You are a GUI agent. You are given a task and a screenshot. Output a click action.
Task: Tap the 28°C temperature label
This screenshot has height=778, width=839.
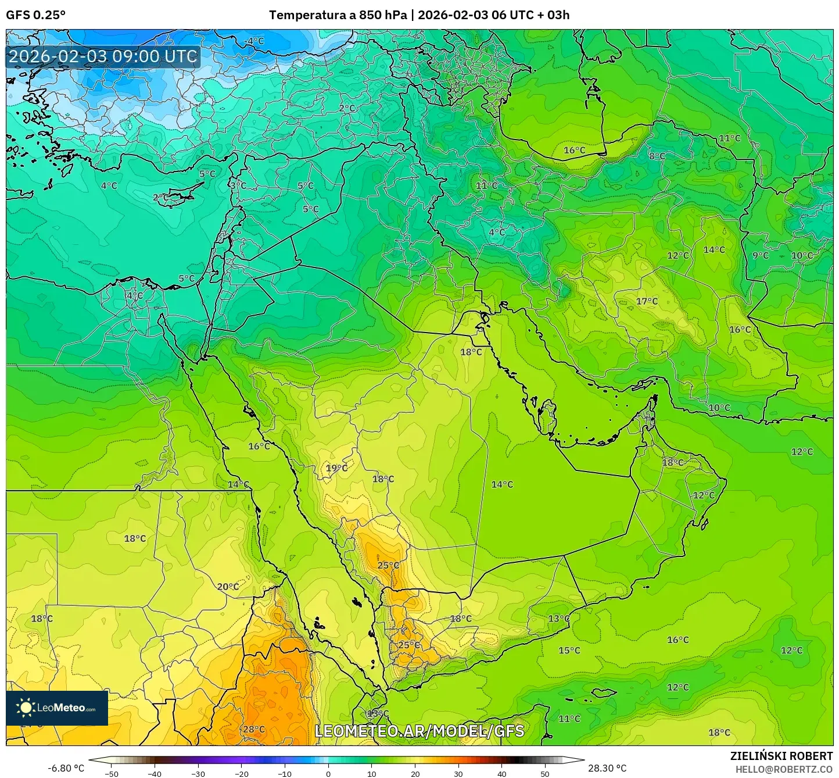pyautogui.click(x=254, y=729)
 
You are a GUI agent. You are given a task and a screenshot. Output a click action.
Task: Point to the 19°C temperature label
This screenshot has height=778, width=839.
pyautogui.click(x=336, y=468)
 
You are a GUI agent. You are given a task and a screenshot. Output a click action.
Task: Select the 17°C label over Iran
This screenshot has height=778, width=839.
pyautogui.click(x=647, y=301)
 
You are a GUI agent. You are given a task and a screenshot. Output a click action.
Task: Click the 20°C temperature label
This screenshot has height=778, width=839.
pyautogui.click(x=228, y=587)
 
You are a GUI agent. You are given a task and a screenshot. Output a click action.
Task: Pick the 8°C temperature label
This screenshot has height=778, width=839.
pyautogui.click(x=657, y=156)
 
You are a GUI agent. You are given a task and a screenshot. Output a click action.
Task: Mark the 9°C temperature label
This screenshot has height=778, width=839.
pyautogui.click(x=760, y=255)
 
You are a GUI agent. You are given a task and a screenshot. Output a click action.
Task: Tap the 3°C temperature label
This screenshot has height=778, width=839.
pyautogui.click(x=238, y=185)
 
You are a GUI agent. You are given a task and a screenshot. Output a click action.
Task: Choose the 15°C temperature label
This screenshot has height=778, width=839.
pyautogui.click(x=569, y=650)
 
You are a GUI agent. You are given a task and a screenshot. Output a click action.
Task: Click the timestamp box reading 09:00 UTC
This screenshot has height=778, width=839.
pyautogui.click(x=103, y=57)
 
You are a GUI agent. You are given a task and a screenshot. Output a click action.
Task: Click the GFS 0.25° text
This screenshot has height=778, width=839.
pyautogui.click(x=35, y=15)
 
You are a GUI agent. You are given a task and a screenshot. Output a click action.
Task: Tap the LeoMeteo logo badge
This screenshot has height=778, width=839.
pyautogui.click(x=57, y=708)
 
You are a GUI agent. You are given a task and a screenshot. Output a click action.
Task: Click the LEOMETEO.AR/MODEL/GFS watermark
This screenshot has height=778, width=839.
pyautogui.click(x=419, y=731)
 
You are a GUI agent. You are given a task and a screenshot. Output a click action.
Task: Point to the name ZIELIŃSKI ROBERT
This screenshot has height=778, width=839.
pyautogui.click(x=781, y=756)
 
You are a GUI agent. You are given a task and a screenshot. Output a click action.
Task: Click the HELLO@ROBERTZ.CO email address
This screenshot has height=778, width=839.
pyautogui.click(x=784, y=769)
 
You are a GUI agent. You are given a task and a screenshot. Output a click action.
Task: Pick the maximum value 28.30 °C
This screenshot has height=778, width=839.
pyautogui.click(x=607, y=768)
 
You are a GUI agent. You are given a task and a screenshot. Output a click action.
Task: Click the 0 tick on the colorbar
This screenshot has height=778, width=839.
pyautogui.click(x=328, y=773)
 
